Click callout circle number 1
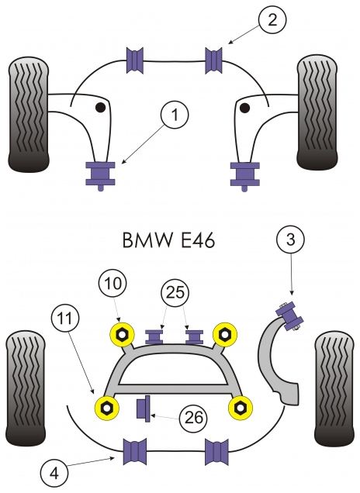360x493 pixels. coord(175,114)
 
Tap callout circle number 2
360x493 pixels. coord(272,20)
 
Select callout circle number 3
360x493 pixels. coord(290,240)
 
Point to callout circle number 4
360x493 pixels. coord(54,473)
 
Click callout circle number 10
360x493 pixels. coord(113,283)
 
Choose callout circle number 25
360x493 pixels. coord(175,292)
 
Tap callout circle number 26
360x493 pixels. coord(193,418)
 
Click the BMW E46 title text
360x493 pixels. coord(168,240)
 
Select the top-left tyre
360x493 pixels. coord(29,115)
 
